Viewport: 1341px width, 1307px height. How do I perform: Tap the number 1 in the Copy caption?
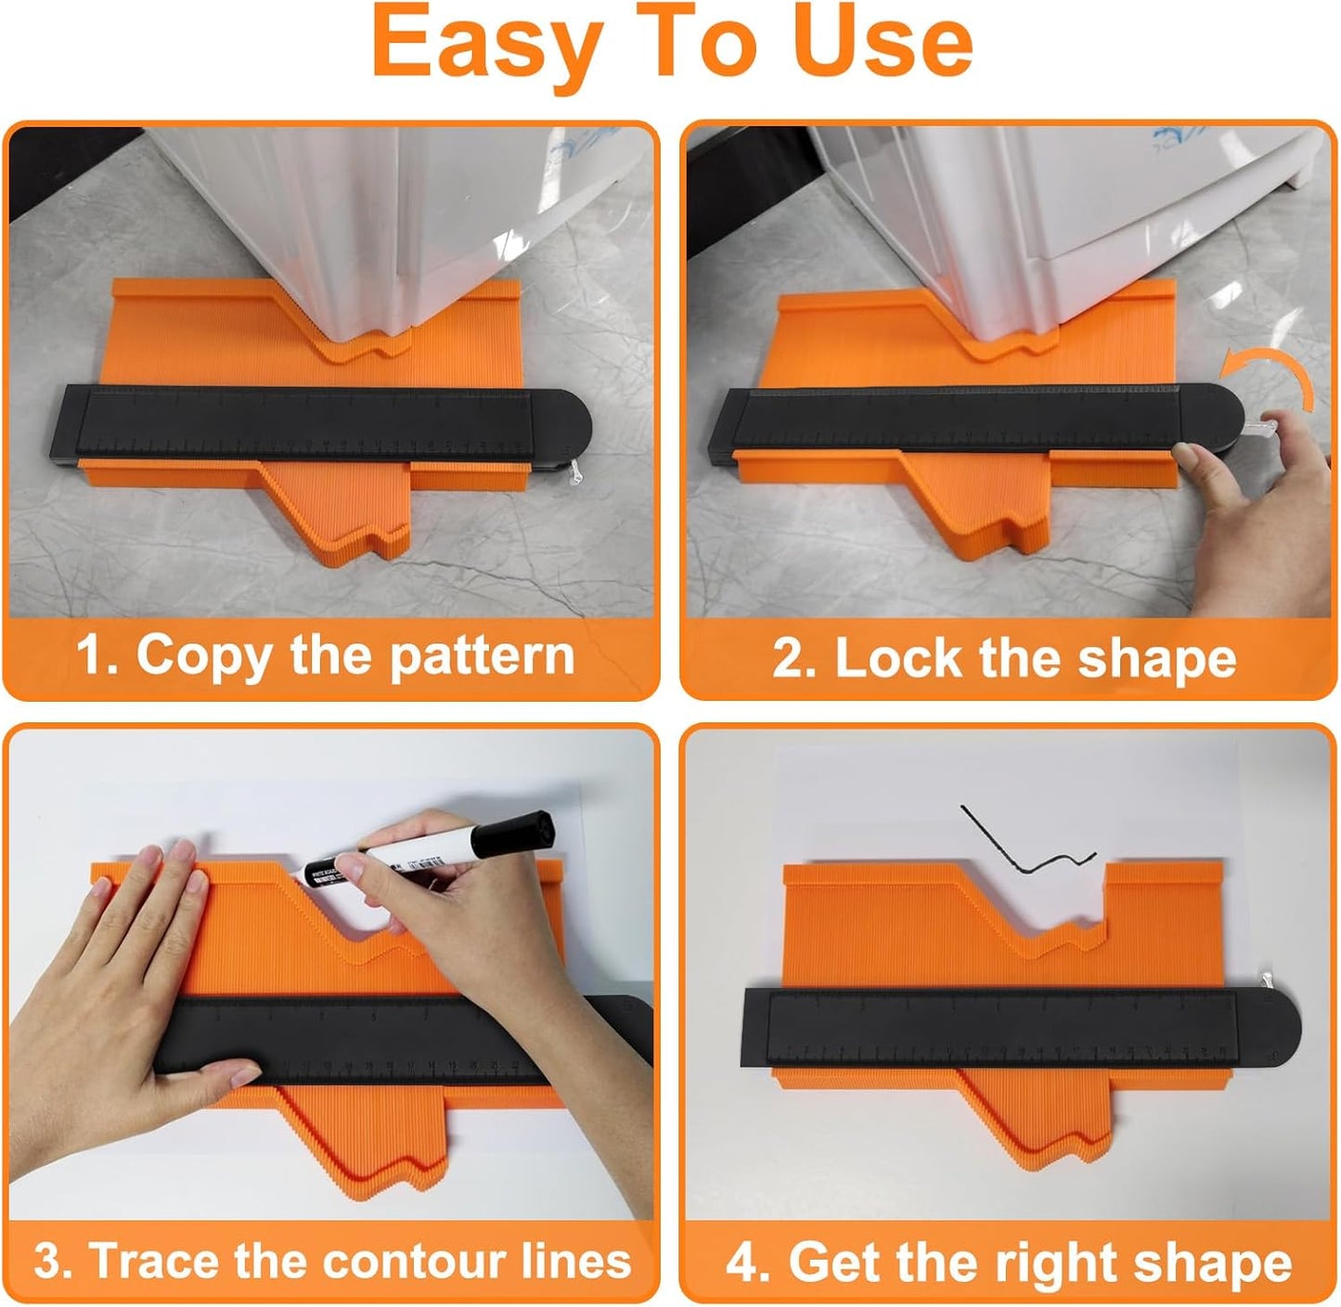[92, 655]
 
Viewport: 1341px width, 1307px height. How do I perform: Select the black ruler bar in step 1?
[306, 423]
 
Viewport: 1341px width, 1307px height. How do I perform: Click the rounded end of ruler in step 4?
[1271, 1030]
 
